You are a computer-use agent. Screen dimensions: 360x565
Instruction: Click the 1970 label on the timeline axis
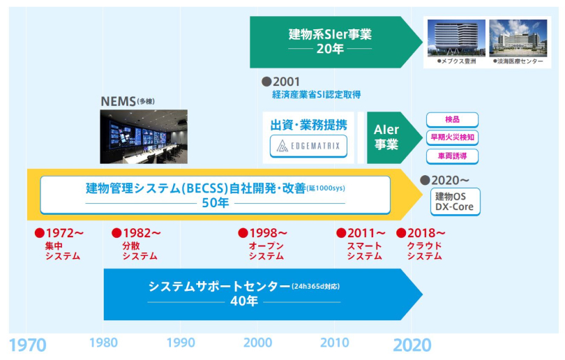pyautogui.click(x=27, y=345)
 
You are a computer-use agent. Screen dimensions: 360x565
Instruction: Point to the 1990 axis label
pyautogui.click(x=181, y=343)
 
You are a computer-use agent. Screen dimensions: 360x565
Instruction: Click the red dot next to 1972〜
pyautogui.click(x=40, y=233)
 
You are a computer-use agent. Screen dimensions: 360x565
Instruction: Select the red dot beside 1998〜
pyautogui.click(x=243, y=233)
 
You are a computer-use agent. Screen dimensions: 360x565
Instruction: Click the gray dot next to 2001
pyautogui.click(x=266, y=81)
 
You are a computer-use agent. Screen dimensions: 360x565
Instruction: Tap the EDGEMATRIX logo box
pyautogui.click(x=308, y=146)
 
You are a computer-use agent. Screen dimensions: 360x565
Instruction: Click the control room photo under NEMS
pyautogui.click(x=144, y=137)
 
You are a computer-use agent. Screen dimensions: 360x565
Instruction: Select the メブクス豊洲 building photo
pyautogui.click(x=457, y=38)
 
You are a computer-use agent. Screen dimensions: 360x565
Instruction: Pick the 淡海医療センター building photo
pyautogui.click(x=518, y=38)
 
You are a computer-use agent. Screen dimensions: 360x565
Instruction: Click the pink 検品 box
pyautogui.click(x=452, y=119)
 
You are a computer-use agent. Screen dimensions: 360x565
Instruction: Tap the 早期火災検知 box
pyautogui.click(x=452, y=137)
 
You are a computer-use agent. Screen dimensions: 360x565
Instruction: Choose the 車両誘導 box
pyautogui.click(x=452, y=156)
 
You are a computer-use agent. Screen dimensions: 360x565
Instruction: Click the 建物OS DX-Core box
pyautogui.click(x=455, y=201)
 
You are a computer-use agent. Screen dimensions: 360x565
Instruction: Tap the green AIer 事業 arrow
pyautogui.click(x=387, y=137)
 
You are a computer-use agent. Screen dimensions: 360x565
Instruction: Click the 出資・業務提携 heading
pyautogui.click(x=308, y=125)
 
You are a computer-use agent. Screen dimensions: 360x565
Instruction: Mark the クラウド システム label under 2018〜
pyautogui.click(x=424, y=251)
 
